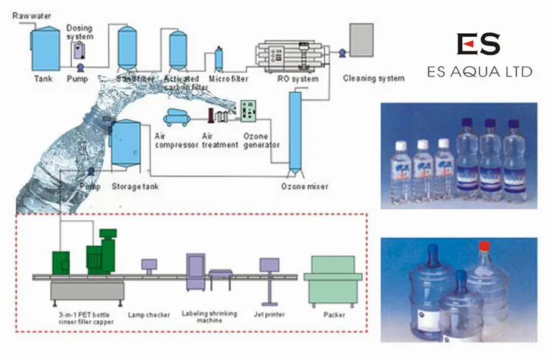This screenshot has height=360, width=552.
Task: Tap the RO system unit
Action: coord(290,56)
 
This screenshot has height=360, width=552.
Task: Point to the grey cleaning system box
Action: coord(361,39)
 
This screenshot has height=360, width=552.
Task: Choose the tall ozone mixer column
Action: coord(295,133)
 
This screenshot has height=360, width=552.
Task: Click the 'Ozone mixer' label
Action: coord(302,187)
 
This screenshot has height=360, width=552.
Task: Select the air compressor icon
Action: coord(178,116)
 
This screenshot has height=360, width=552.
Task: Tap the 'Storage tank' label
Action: coord(135,187)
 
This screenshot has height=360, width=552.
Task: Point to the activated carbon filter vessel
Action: coord(177,49)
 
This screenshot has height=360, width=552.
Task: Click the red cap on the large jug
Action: coord(484,246)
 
